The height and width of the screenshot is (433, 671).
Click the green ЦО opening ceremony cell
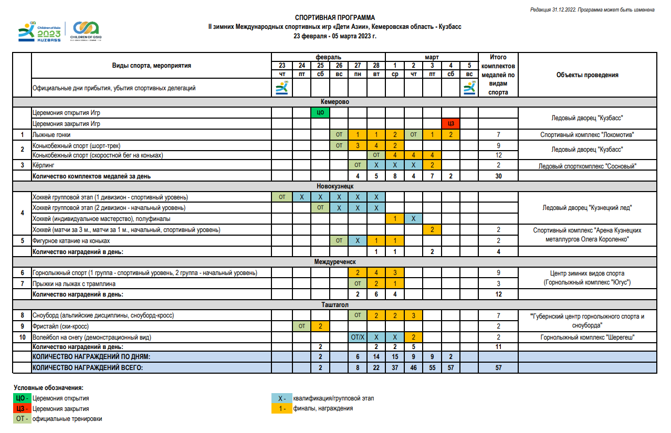tap(320, 113)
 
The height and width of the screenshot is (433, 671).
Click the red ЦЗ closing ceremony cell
tap(450, 124)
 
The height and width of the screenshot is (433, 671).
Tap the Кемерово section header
tap(334, 101)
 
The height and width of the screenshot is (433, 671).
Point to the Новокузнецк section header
tap(334, 186)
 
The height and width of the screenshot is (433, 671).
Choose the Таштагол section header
tap(334, 304)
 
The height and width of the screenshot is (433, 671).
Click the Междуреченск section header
tap(334, 261)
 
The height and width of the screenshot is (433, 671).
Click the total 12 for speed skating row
tap(498, 155)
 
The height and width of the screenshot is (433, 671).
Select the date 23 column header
tap(282, 66)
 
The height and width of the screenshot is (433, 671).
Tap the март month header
tap(432, 57)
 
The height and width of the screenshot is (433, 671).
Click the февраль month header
tap(328, 57)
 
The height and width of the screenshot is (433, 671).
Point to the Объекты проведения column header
tap(587, 75)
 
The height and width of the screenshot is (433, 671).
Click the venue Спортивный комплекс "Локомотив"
tap(587, 135)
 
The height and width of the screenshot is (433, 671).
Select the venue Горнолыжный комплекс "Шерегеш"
tap(587, 337)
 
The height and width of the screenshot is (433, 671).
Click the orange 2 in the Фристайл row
tap(320, 326)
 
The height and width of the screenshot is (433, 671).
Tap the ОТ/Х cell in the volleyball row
tap(357, 337)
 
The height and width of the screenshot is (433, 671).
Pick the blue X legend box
tap(282, 398)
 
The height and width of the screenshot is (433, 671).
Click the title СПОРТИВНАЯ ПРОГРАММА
tap(334, 18)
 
